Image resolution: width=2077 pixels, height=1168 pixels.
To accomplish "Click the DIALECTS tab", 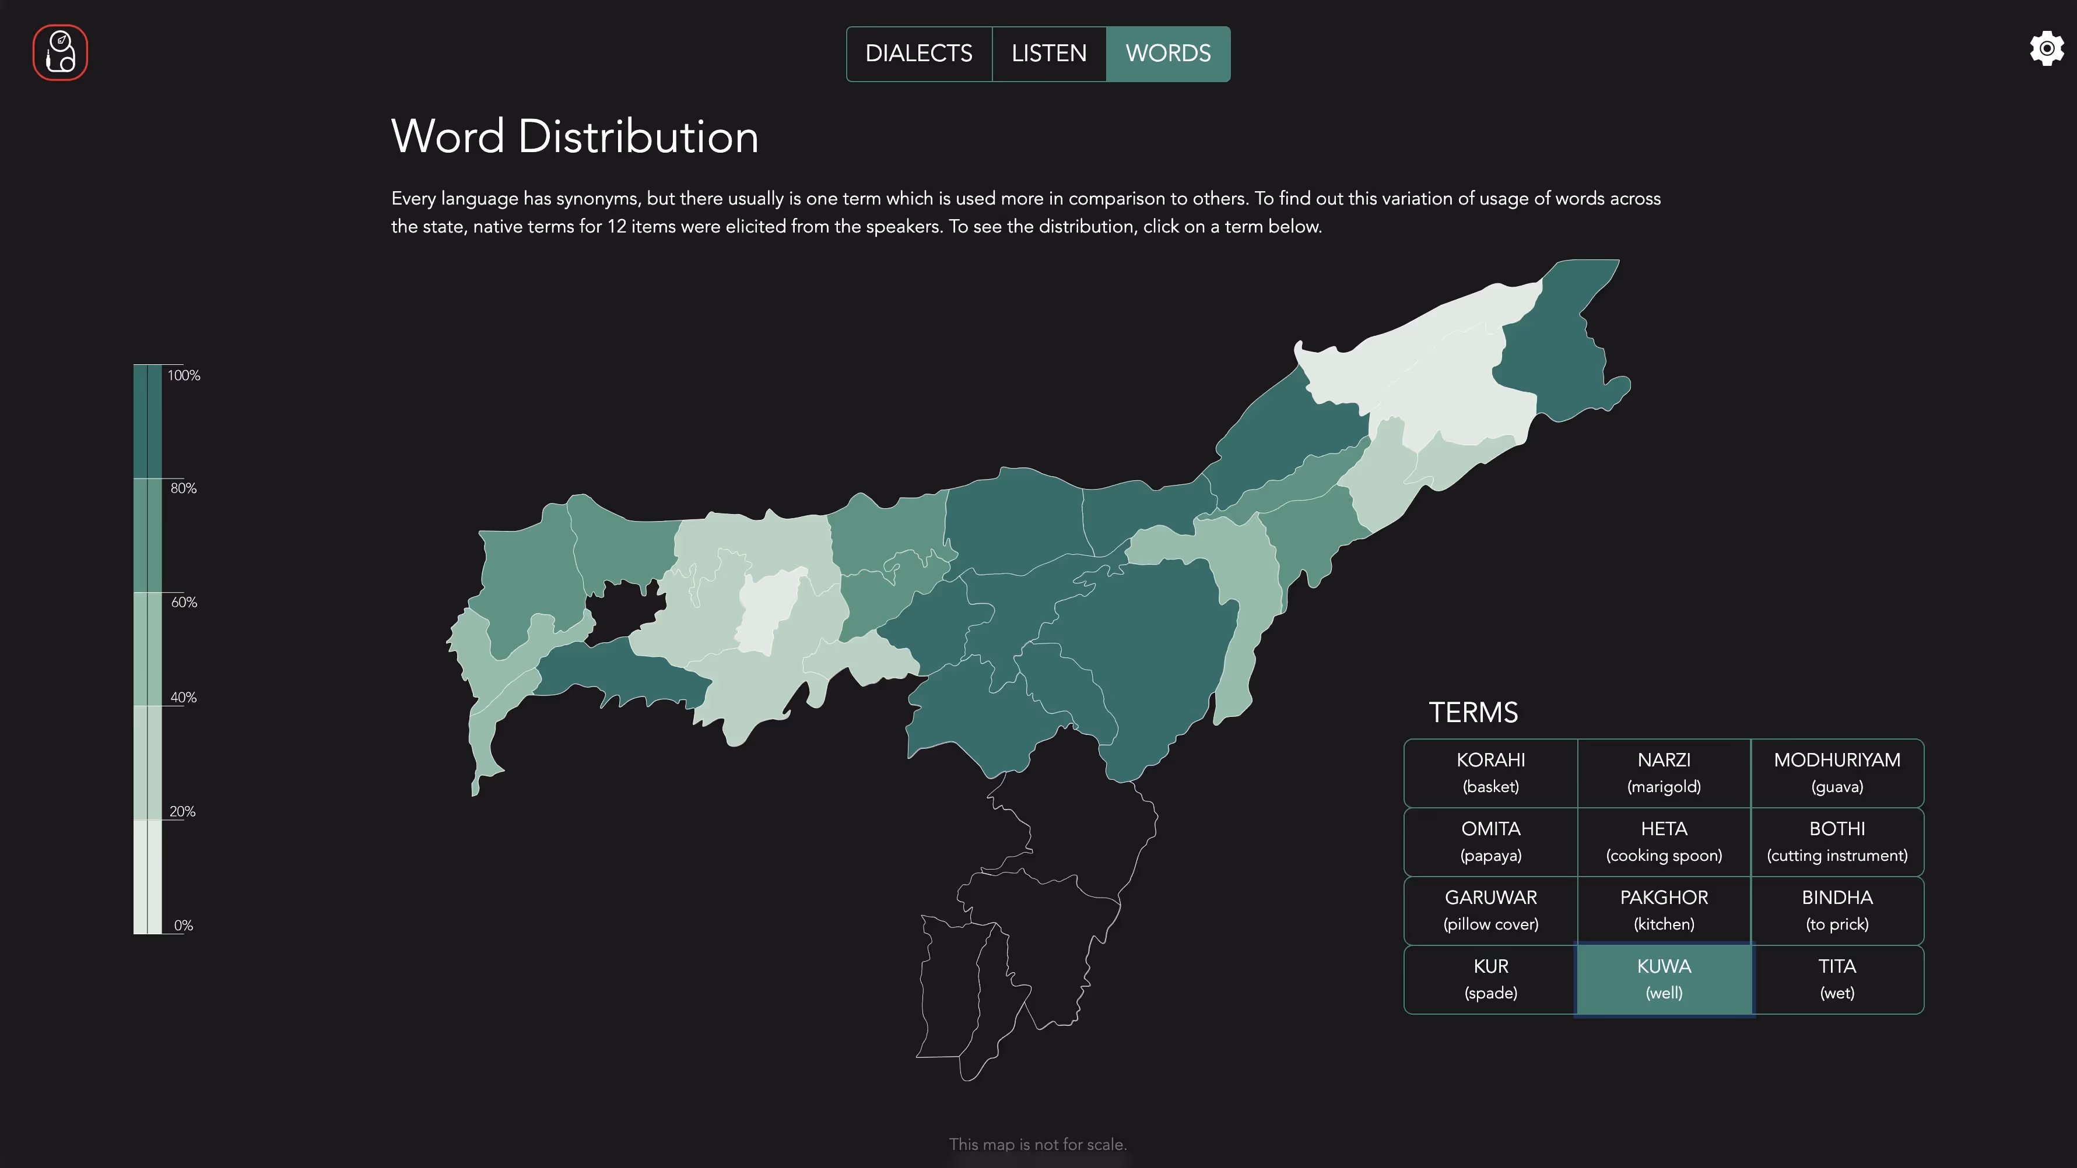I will [x=918, y=53].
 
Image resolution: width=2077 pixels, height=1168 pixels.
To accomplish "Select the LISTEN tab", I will [x=1048, y=53].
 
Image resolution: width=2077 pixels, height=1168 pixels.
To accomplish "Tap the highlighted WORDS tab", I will [x=1167, y=53].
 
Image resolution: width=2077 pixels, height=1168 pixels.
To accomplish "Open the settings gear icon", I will [x=2046, y=49].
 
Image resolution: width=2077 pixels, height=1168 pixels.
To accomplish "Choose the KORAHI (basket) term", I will [x=1490, y=772].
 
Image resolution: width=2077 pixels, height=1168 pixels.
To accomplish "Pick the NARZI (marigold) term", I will [x=1664, y=772].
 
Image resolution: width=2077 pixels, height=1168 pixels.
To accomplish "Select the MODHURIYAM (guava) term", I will [x=1837, y=772].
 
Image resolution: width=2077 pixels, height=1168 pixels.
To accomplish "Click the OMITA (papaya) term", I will [x=1490, y=840].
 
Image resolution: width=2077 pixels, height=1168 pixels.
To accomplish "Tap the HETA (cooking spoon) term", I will [x=1664, y=840].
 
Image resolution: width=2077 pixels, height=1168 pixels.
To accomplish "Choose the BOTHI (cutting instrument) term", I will [x=1837, y=840].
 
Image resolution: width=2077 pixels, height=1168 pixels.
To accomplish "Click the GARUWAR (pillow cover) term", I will [x=1490, y=910].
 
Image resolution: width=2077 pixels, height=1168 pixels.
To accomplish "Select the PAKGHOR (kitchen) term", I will [x=1664, y=910].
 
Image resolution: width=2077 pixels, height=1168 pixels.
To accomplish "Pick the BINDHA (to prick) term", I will [x=1837, y=910].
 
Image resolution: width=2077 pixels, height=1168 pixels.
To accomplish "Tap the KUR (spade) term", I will [x=1490, y=979].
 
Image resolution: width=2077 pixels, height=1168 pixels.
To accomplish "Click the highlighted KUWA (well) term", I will [x=1664, y=979].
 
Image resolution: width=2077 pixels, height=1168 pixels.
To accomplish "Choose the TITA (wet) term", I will [x=1837, y=979].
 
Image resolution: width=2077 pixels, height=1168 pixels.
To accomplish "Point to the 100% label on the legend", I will [x=184, y=375].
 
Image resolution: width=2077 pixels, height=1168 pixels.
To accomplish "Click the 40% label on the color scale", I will [x=183, y=697].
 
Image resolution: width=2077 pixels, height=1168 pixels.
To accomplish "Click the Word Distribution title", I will [x=574, y=136].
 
